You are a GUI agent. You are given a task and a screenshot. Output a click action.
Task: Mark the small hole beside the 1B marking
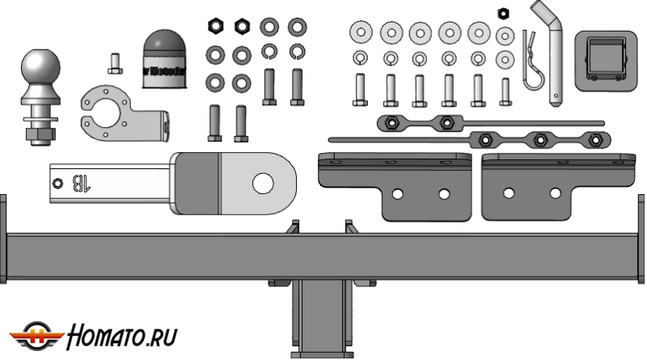pyautogui.click(x=57, y=182)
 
